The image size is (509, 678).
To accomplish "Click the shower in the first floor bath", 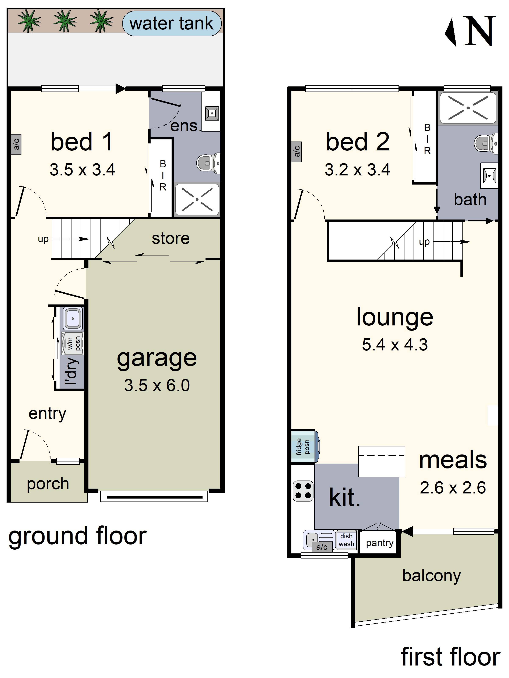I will click(x=468, y=108).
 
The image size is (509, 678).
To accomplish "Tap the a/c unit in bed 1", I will click(x=16, y=144).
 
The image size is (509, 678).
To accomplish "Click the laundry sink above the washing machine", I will click(x=73, y=318).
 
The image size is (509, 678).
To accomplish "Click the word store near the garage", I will click(x=171, y=238).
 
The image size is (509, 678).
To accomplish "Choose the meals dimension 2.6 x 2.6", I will click(x=453, y=488).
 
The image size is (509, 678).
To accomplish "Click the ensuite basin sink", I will click(x=212, y=113).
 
